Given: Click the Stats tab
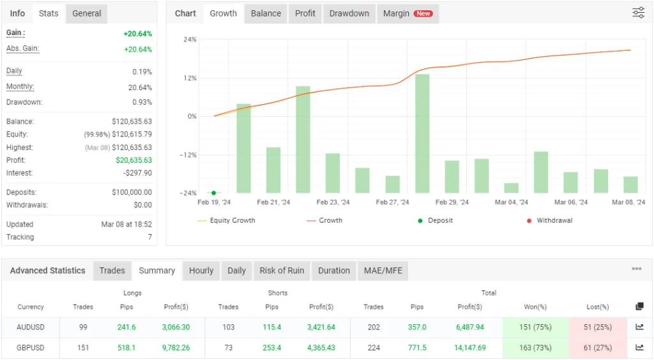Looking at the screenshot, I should pyautogui.click(x=49, y=13).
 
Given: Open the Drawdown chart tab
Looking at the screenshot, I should pyautogui.click(x=349, y=13).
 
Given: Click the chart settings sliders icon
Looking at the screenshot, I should pyautogui.click(x=638, y=13).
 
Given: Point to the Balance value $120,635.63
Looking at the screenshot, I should pyautogui.click(x=132, y=122).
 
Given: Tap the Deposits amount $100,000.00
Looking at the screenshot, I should pyautogui.click(x=132, y=192).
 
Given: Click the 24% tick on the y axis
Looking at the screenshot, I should pyautogui.click(x=190, y=40).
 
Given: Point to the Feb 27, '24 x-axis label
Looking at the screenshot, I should pyautogui.click(x=392, y=202).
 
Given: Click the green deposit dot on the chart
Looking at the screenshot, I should pyautogui.click(x=213, y=193).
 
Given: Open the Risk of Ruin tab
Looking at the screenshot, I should pyautogui.click(x=282, y=271).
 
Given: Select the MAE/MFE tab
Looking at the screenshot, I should pyautogui.click(x=383, y=271).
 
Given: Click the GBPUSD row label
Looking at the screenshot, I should pyautogui.click(x=31, y=348).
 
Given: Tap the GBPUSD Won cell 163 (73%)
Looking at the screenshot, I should pyautogui.click(x=534, y=348).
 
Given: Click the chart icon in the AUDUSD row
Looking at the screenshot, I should pyautogui.click(x=639, y=327).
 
